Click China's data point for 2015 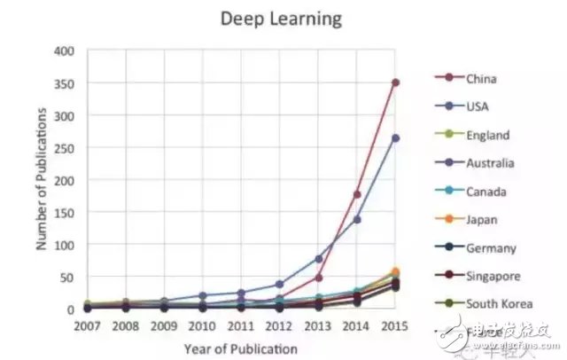(395, 82)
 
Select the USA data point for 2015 (395, 138)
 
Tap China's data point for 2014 (357, 194)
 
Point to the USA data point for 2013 (318, 258)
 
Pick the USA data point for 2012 (280, 285)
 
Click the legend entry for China (479, 78)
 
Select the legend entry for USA (477, 106)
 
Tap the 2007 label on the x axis (88, 325)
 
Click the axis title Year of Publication (240, 348)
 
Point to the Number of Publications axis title (42, 180)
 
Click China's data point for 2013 (318, 278)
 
